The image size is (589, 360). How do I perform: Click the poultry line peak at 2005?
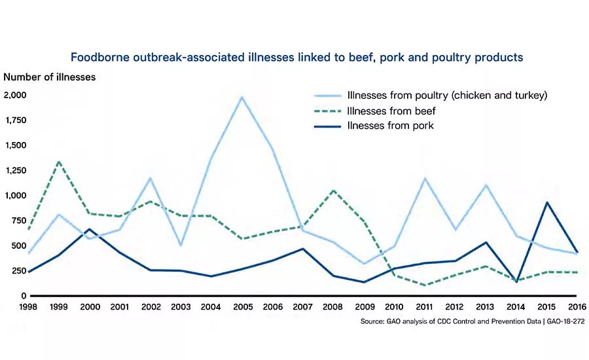(242, 97)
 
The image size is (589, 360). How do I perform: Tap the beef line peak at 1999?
(60, 161)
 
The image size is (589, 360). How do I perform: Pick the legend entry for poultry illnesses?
(447, 95)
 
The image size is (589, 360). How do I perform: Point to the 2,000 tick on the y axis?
(15, 95)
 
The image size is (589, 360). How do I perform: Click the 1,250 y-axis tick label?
(15, 170)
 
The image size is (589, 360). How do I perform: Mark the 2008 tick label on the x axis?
(332, 307)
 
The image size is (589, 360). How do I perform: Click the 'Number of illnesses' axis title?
(50, 77)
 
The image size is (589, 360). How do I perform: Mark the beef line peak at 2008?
(332, 190)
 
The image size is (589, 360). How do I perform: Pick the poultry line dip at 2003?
(181, 245)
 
